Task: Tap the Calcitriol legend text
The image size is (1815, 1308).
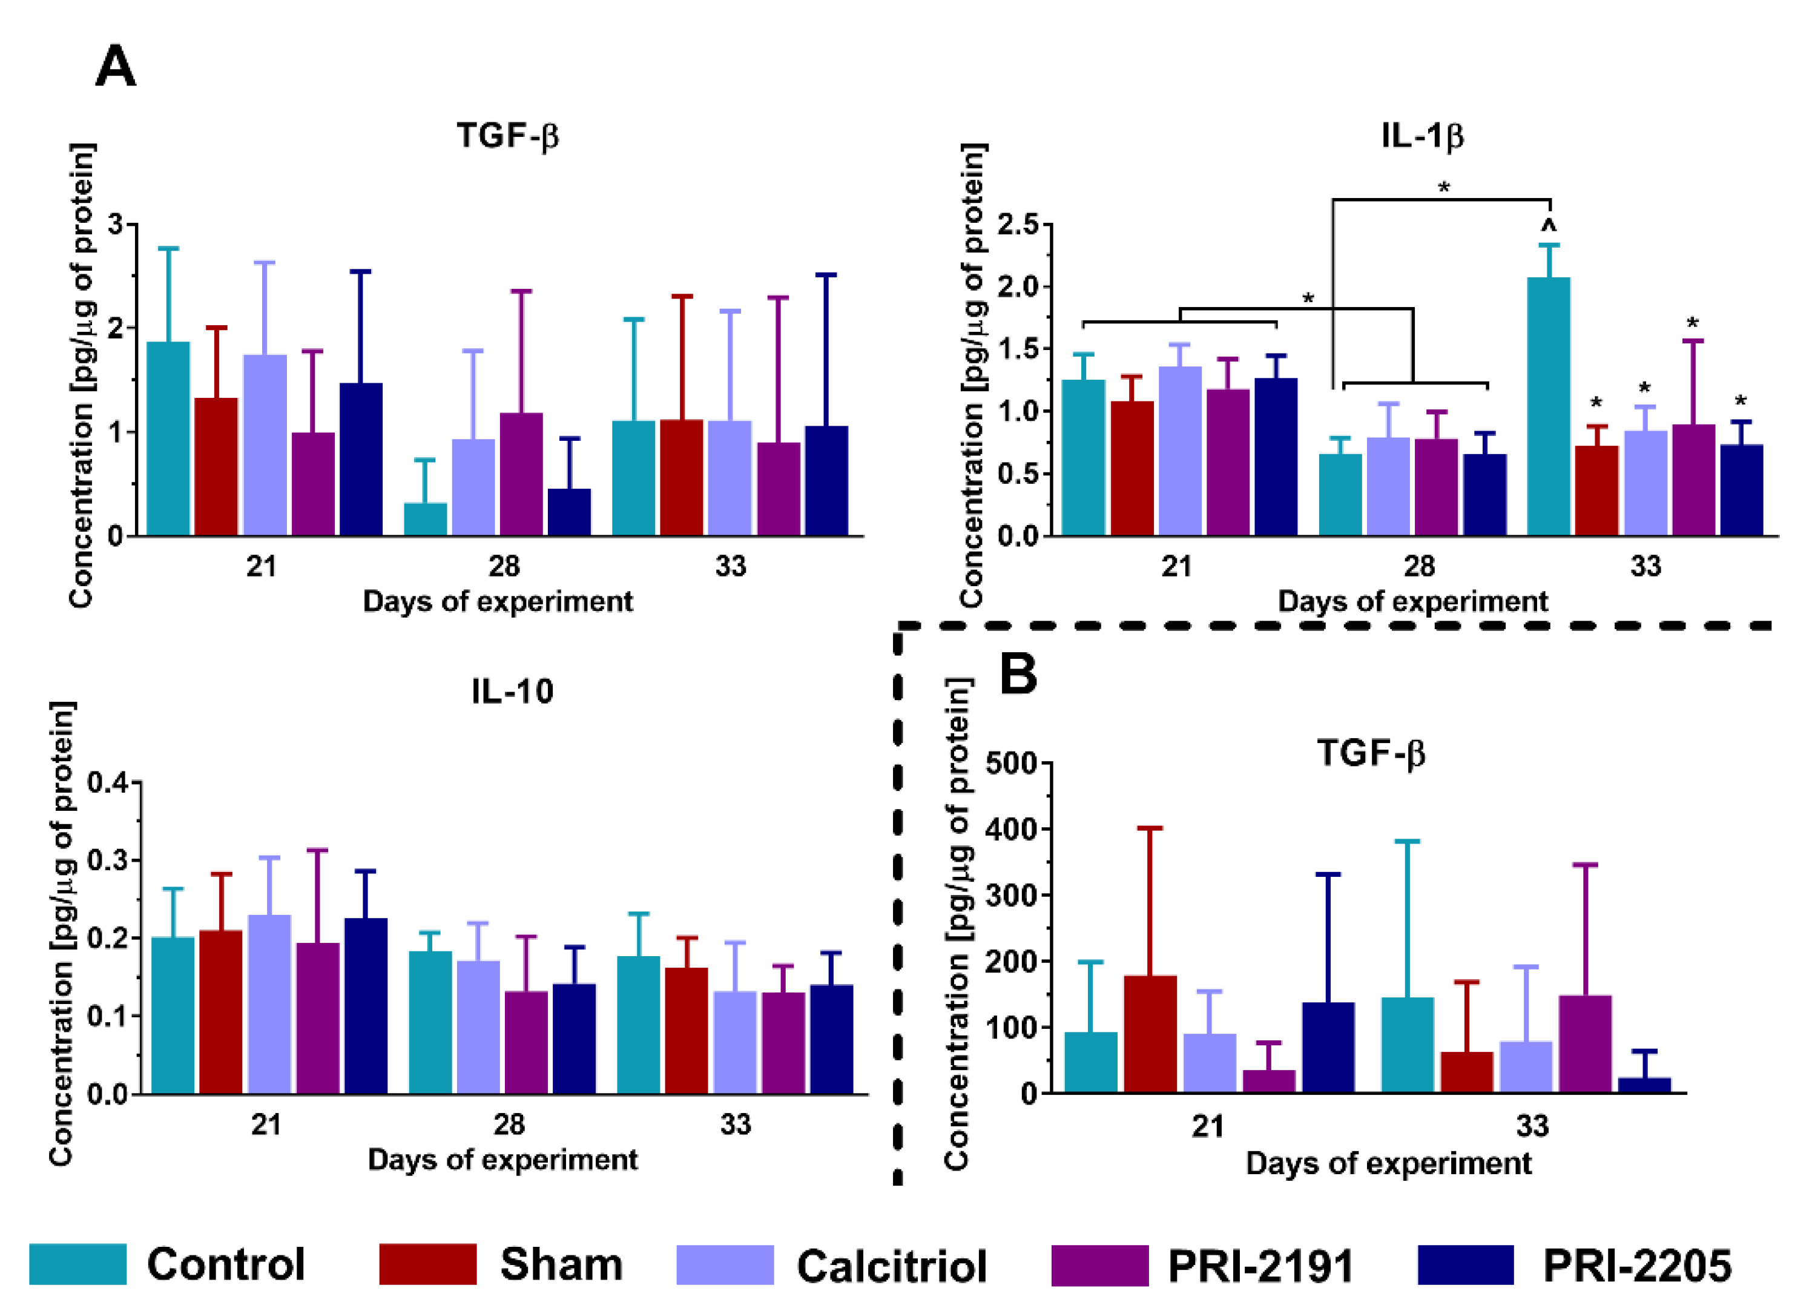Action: [892, 1266]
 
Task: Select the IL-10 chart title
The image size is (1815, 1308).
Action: [512, 691]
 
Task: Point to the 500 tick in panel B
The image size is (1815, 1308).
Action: [1011, 763]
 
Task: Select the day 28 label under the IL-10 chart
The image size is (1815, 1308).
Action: [509, 1124]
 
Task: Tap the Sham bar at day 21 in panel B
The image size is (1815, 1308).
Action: [1150, 1034]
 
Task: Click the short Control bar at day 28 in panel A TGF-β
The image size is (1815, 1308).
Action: [425, 519]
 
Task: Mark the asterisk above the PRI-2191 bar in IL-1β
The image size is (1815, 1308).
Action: [1693, 323]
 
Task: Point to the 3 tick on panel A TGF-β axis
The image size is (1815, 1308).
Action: [116, 224]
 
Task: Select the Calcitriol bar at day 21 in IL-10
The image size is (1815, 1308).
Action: [269, 1004]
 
